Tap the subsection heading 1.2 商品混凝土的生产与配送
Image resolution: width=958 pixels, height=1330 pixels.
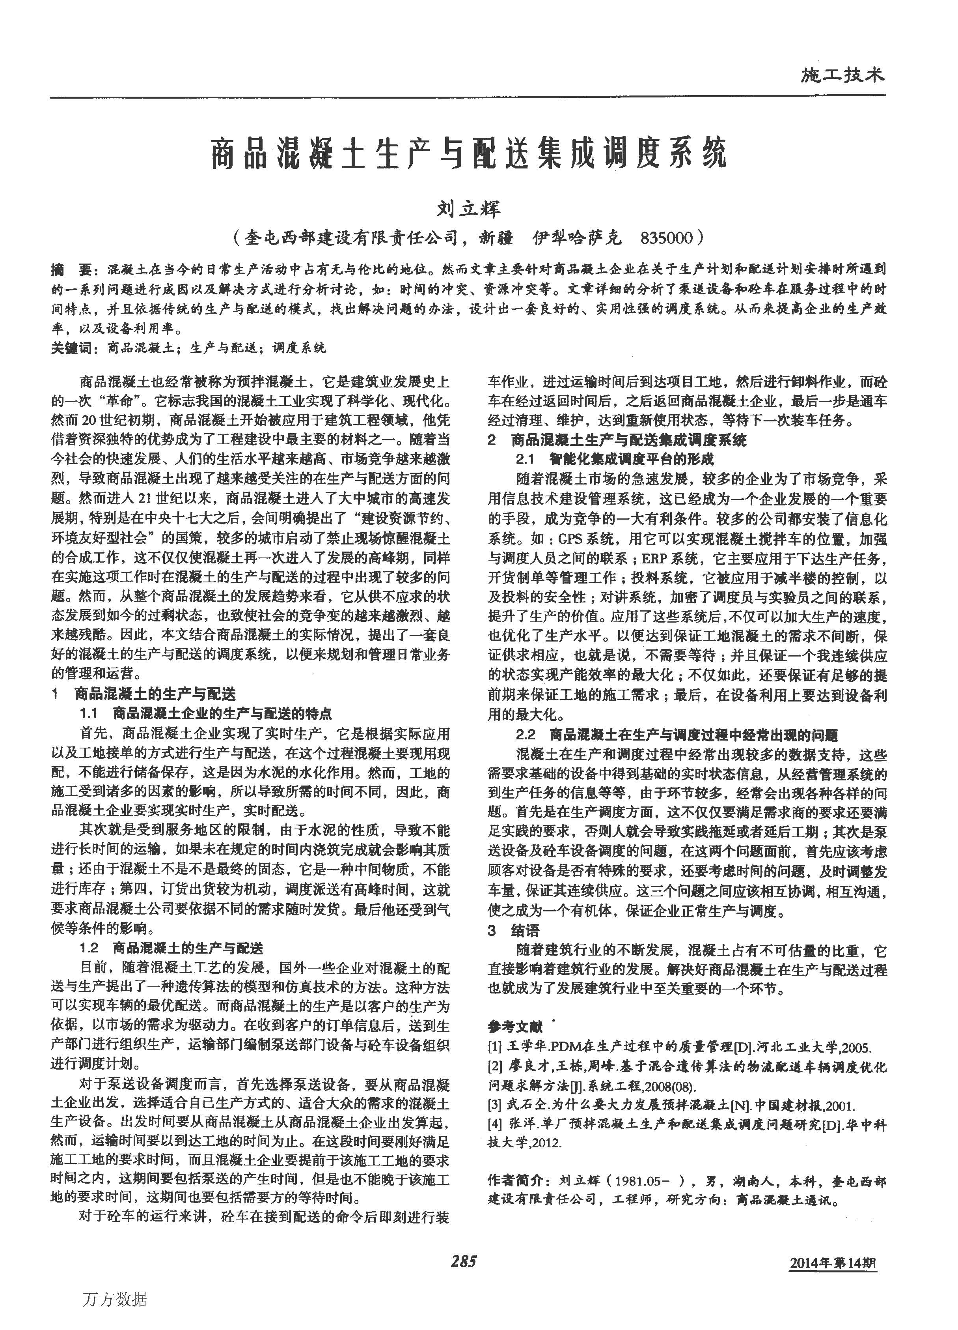pos(171,948)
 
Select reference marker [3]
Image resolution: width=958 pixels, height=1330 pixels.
pos(495,1106)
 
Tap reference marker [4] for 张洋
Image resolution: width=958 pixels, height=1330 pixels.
pos(495,1125)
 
